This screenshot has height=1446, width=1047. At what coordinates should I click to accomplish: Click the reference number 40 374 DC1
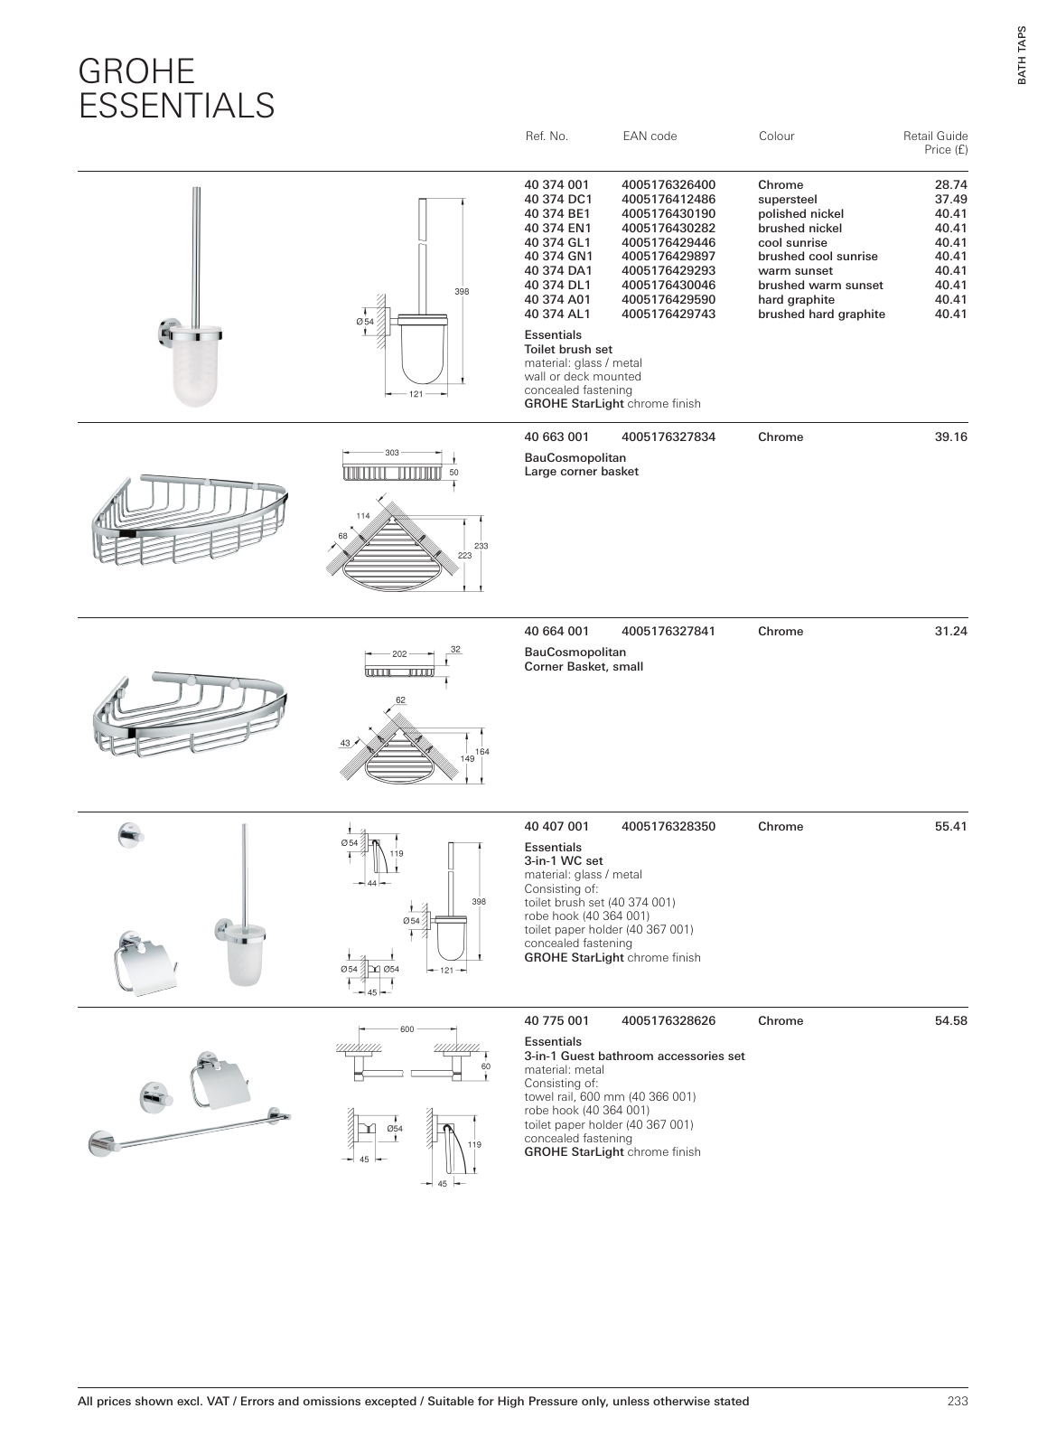(x=557, y=200)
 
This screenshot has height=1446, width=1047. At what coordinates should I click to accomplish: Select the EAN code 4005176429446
(x=668, y=242)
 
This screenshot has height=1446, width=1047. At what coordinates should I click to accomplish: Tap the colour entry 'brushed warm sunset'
(x=820, y=286)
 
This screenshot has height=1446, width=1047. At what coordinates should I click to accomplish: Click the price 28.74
(x=950, y=185)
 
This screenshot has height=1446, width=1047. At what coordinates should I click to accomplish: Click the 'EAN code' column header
(x=649, y=136)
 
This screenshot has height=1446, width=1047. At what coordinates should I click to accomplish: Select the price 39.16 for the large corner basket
(x=950, y=437)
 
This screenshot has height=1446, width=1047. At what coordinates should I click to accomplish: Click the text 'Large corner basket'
(x=581, y=472)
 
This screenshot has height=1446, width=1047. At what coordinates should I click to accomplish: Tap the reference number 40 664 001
(x=556, y=632)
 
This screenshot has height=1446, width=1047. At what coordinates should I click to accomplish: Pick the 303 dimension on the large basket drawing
(x=392, y=453)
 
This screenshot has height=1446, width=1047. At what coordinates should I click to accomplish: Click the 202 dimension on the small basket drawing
(x=400, y=654)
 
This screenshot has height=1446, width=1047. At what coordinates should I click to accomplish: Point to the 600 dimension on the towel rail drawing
(x=407, y=1029)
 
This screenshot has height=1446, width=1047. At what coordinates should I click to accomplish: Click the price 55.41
(x=950, y=827)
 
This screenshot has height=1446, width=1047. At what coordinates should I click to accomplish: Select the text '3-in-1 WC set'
(x=563, y=861)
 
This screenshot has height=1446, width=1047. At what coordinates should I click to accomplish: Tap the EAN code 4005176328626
(x=668, y=1021)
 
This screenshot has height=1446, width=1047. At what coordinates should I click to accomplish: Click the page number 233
(x=957, y=1402)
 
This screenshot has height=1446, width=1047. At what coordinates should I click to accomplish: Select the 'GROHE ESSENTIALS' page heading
(x=176, y=89)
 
